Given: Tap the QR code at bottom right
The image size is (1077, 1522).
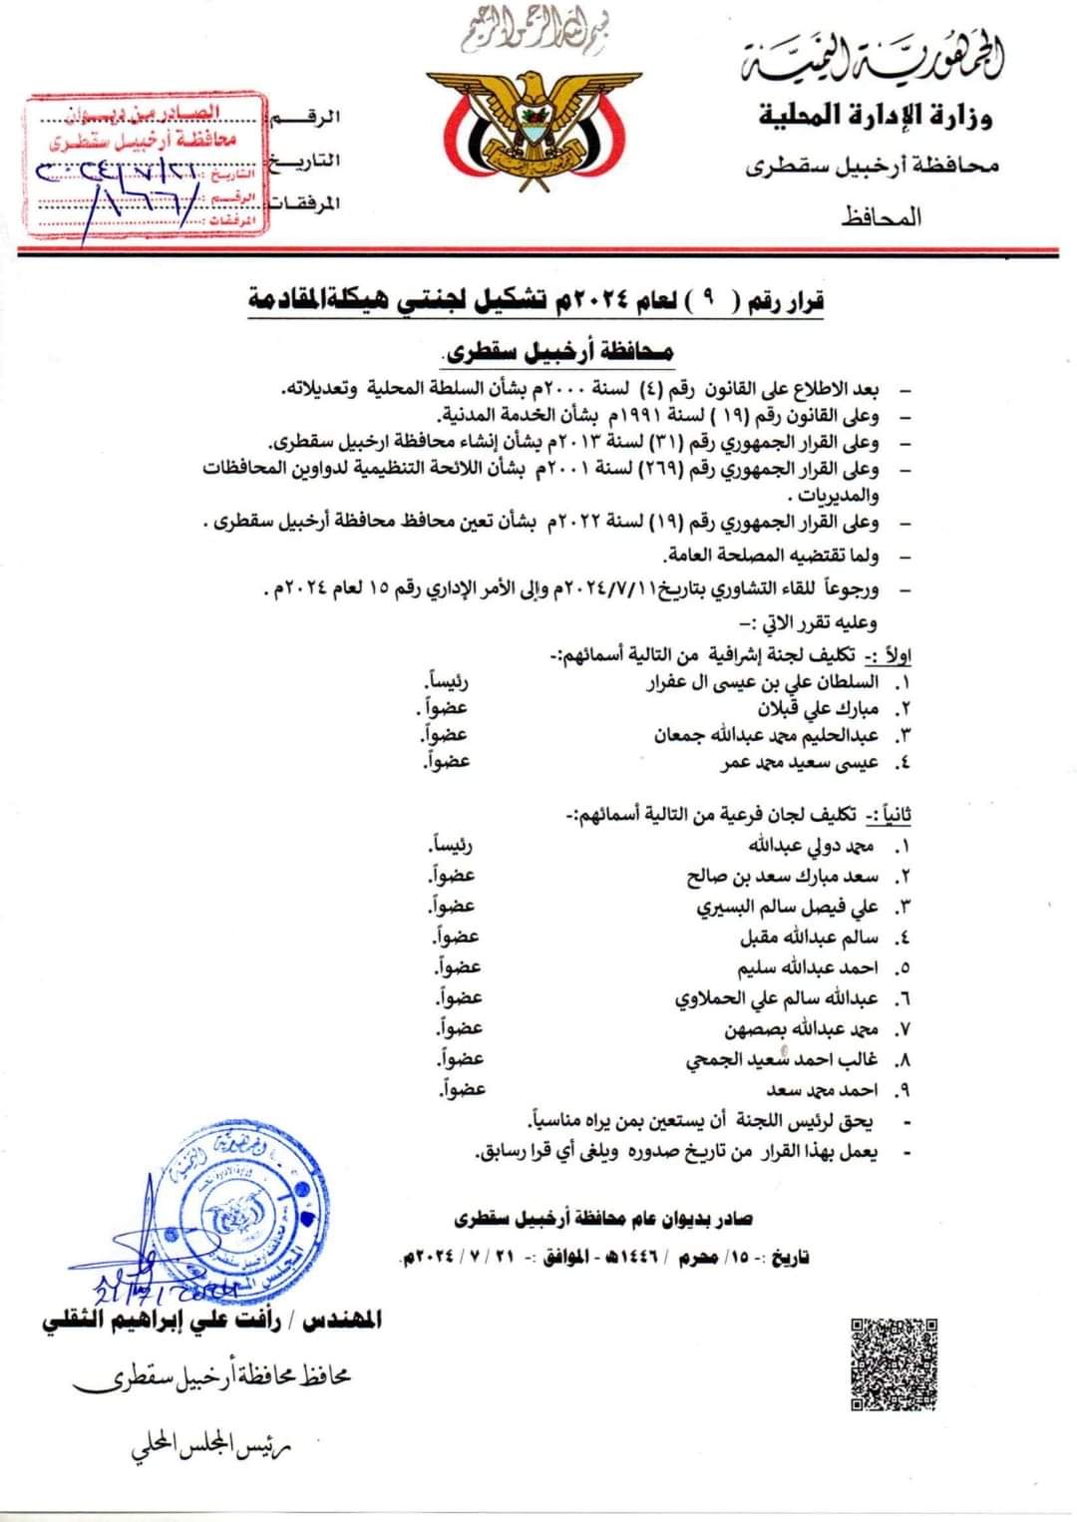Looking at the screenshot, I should (895, 1362).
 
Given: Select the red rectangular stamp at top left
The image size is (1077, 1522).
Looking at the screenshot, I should (148, 166).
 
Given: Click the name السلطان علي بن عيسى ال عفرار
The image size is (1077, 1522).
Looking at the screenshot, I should (764, 683).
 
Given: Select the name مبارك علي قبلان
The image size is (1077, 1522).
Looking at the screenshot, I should (819, 709).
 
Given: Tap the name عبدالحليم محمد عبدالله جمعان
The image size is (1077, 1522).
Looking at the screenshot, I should (767, 735).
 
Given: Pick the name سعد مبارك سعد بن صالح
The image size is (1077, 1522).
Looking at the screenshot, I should (783, 877).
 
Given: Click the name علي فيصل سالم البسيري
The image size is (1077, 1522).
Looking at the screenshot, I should (788, 907).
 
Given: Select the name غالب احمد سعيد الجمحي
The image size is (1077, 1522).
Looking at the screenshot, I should (782, 1059).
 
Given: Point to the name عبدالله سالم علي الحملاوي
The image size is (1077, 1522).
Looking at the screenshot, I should (777, 998).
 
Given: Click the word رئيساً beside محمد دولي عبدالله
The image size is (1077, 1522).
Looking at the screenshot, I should (450, 846).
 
